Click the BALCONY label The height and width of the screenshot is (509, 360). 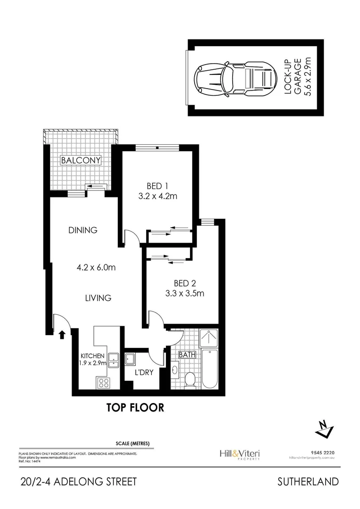[x=81, y=161]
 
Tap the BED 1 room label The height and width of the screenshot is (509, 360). [x=157, y=185]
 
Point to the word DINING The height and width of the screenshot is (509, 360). [x=83, y=230]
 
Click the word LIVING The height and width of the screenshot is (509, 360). [x=98, y=298]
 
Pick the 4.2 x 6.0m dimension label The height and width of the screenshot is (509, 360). [x=97, y=267]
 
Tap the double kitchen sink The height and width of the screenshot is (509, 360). [x=114, y=360]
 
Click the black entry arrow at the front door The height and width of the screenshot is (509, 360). [x=62, y=335]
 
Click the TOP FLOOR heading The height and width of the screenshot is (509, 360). [x=135, y=407]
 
